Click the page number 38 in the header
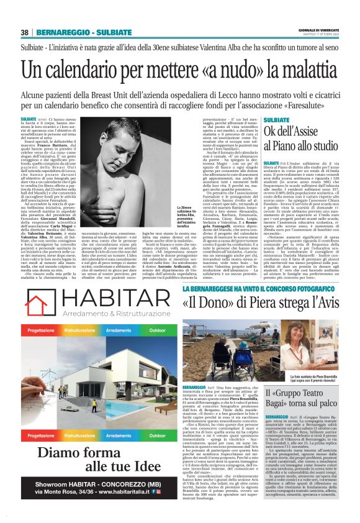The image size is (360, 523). pos(25,32)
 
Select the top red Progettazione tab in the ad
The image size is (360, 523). pos(39,330)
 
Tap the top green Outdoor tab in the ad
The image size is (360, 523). pos(158,330)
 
